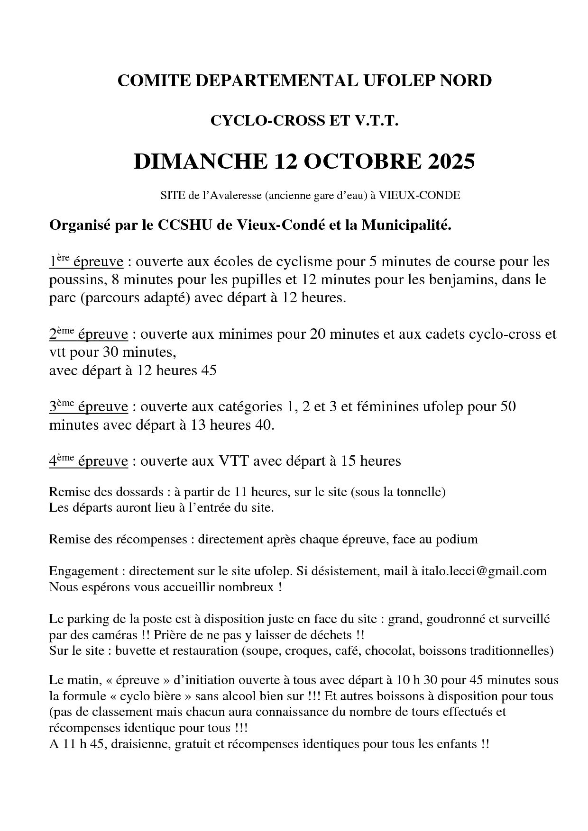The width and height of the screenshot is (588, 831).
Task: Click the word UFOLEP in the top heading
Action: coord(399,81)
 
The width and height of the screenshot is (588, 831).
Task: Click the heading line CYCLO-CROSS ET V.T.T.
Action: coord(304,121)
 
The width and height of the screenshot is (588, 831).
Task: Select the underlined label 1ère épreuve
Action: coord(86,262)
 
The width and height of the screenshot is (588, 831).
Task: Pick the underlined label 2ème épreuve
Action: coord(88,334)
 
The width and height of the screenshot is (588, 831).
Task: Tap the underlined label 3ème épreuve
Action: coord(88,406)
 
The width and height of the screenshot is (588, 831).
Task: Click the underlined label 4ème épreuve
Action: coord(88,461)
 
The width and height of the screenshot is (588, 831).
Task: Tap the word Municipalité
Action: coord(406,225)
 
